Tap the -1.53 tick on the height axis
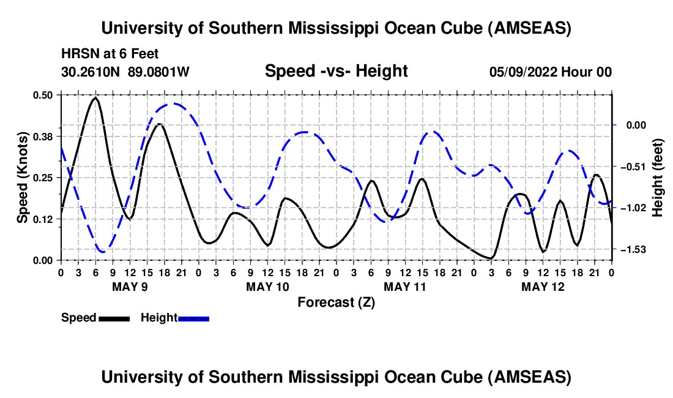[x=628, y=250]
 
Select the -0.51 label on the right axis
[x=628, y=167]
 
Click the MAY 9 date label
[x=129, y=287]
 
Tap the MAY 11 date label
[x=404, y=287]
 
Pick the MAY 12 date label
[x=542, y=287]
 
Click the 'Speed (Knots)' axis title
[x=22, y=178]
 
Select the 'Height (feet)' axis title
[x=658, y=178]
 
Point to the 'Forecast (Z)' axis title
[x=336, y=302]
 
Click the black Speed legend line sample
[x=114, y=318]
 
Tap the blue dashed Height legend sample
[x=194, y=318]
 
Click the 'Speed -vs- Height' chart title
[x=336, y=72]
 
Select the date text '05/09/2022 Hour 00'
[x=551, y=72]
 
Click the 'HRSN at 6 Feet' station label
[x=110, y=54]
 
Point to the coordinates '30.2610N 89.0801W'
[x=125, y=72]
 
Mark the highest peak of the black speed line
[x=95, y=97]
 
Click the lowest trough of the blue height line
[x=102, y=252]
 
